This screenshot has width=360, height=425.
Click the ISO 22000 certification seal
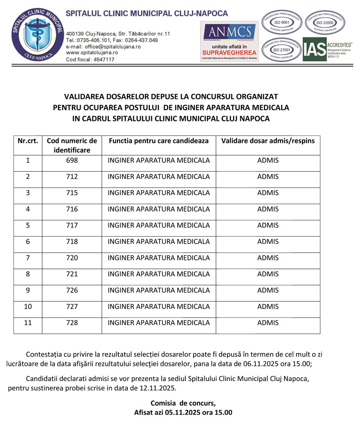(325, 21)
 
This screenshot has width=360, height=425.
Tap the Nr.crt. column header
(28, 141)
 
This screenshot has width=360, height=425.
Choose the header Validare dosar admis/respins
(268, 141)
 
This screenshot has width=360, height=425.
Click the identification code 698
(72, 161)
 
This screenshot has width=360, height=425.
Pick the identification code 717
(72, 225)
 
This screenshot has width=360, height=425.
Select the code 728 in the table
(72, 322)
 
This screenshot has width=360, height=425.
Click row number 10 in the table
(28, 306)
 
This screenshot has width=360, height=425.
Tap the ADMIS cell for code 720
(268, 258)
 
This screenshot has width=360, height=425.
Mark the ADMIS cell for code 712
(268, 177)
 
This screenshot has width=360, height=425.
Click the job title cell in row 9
(159, 290)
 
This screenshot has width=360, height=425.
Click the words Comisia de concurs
(183, 403)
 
